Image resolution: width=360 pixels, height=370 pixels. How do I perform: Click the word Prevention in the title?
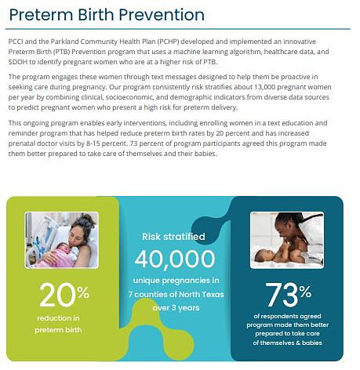162,15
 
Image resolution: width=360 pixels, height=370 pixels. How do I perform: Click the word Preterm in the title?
41,15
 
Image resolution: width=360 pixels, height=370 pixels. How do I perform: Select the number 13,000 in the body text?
267,87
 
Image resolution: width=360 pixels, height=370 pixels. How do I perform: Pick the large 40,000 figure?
175,259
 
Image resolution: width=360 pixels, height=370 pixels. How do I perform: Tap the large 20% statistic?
64,295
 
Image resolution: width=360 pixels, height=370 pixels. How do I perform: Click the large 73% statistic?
288,295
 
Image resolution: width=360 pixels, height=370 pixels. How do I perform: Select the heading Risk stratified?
173,237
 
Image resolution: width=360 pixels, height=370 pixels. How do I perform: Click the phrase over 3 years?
176,308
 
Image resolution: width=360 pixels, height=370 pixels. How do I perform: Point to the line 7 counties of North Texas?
176,295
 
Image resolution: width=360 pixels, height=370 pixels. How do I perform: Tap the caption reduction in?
58,318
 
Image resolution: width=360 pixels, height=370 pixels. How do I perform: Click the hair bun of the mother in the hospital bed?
88,218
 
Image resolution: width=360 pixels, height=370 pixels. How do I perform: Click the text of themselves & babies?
287,343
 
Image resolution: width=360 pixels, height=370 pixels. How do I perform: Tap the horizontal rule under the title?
177,29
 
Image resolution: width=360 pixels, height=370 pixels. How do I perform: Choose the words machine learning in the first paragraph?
201,52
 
